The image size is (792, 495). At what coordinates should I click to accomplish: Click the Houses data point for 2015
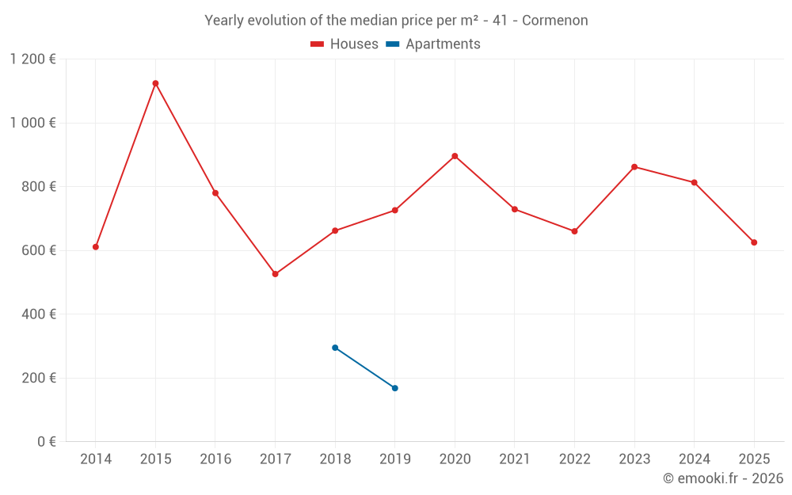155,83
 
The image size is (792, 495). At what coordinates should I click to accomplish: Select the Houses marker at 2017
275,274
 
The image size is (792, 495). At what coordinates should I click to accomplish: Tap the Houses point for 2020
455,156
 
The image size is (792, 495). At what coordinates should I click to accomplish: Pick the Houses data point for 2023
634,167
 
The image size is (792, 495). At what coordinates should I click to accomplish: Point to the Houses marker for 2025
754,242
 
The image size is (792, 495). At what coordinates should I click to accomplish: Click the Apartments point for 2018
335,348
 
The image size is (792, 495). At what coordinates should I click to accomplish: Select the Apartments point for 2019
395,388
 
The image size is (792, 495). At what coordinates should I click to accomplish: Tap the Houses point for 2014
96,247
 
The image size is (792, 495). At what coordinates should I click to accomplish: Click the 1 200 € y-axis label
32,59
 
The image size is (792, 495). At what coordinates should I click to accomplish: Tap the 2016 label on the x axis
215,459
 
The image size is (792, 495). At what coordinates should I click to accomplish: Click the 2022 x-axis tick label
574,459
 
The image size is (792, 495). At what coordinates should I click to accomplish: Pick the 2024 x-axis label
694,459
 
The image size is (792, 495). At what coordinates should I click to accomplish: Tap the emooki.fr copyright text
722,478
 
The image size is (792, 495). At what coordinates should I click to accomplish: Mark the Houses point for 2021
515,209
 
